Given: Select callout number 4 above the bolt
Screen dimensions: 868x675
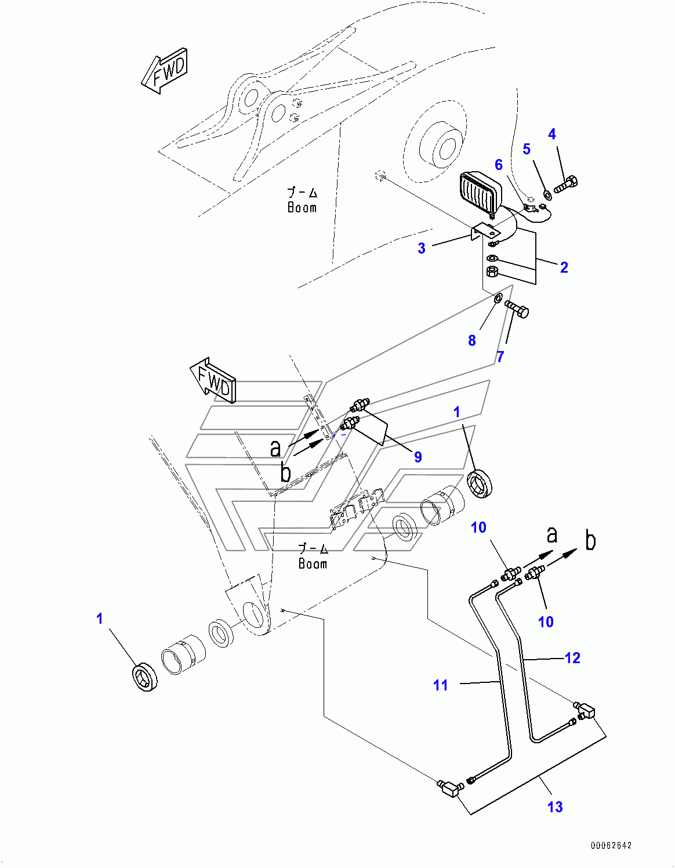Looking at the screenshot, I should [x=552, y=135].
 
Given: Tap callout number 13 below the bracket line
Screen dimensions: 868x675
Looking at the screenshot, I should [x=555, y=806].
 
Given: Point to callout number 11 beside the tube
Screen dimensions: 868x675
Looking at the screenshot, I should [x=441, y=685].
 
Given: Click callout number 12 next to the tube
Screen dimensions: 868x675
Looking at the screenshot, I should [x=572, y=658].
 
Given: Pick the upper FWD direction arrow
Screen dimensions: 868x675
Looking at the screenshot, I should [x=165, y=71].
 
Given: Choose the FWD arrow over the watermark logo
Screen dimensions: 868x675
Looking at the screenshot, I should [x=213, y=382].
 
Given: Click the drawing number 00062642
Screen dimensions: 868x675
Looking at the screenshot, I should [x=611, y=845].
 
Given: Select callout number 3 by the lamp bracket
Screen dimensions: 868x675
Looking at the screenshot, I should [x=422, y=248].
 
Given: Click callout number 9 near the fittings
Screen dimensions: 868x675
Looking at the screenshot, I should [x=418, y=457].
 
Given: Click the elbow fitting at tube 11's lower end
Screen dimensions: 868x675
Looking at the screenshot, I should [x=450, y=787].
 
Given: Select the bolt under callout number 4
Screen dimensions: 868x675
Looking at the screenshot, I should [x=565, y=185].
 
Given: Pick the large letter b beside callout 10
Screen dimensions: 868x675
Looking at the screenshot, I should [x=590, y=540].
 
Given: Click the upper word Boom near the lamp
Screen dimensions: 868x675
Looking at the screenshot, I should [x=302, y=208].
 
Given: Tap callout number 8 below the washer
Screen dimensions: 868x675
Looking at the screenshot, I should [x=472, y=341].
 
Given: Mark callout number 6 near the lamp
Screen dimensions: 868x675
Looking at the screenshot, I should [x=499, y=165].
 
